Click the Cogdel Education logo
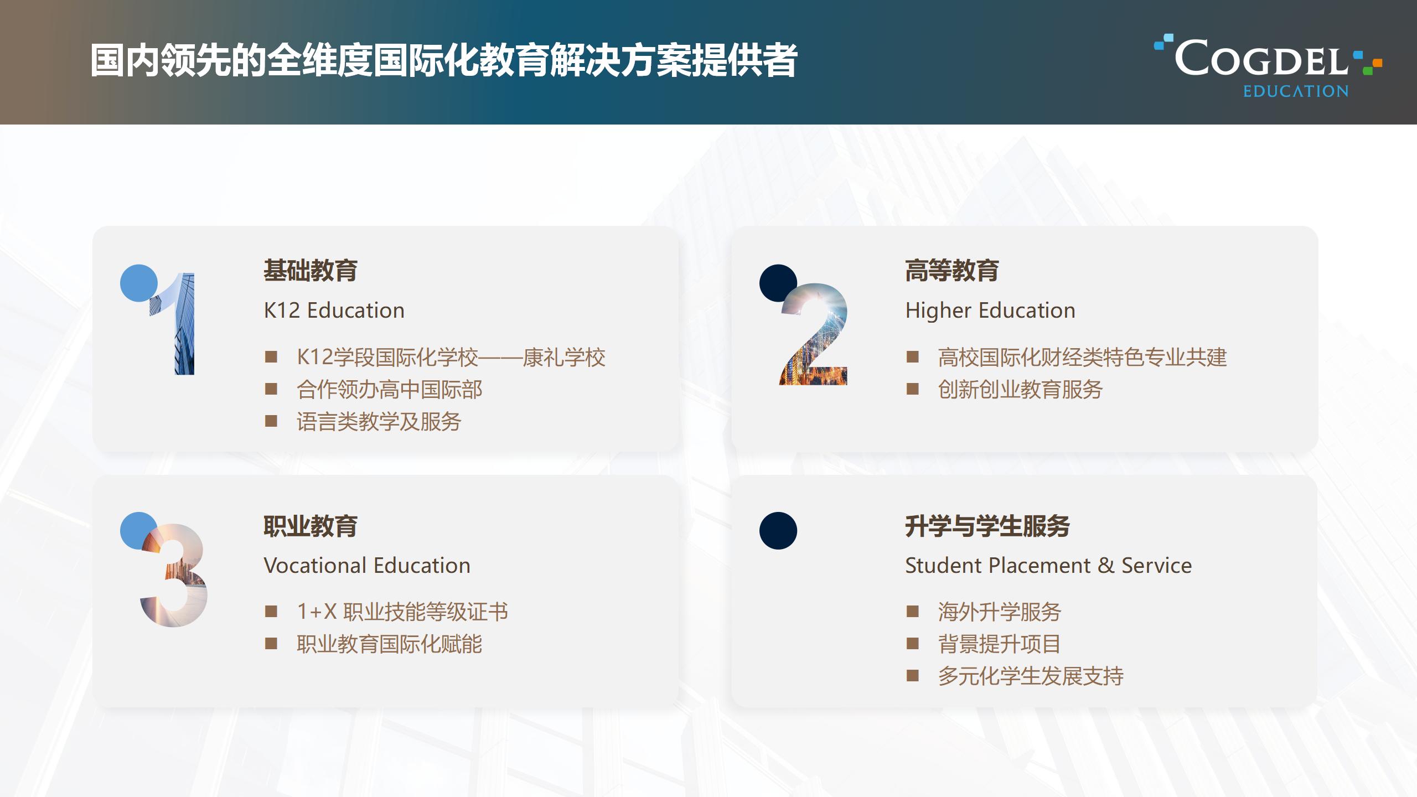(x=1268, y=66)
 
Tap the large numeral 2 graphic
(x=814, y=334)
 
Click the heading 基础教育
(x=311, y=271)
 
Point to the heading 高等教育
(x=952, y=271)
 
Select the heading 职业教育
(x=311, y=526)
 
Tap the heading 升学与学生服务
(x=987, y=526)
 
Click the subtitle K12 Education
(x=334, y=310)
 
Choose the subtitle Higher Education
(x=990, y=310)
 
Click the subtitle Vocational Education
(x=367, y=566)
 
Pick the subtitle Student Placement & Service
(x=1048, y=566)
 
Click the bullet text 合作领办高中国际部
(x=390, y=390)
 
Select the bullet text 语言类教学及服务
(x=379, y=422)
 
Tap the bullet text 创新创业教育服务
(x=1020, y=390)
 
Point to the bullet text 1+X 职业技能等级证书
(x=402, y=612)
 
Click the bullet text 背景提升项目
(x=999, y=644)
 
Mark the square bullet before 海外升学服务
(x=912, y=612)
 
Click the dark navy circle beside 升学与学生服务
(x=778, y=531)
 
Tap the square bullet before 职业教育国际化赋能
(x=271, y=644)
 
